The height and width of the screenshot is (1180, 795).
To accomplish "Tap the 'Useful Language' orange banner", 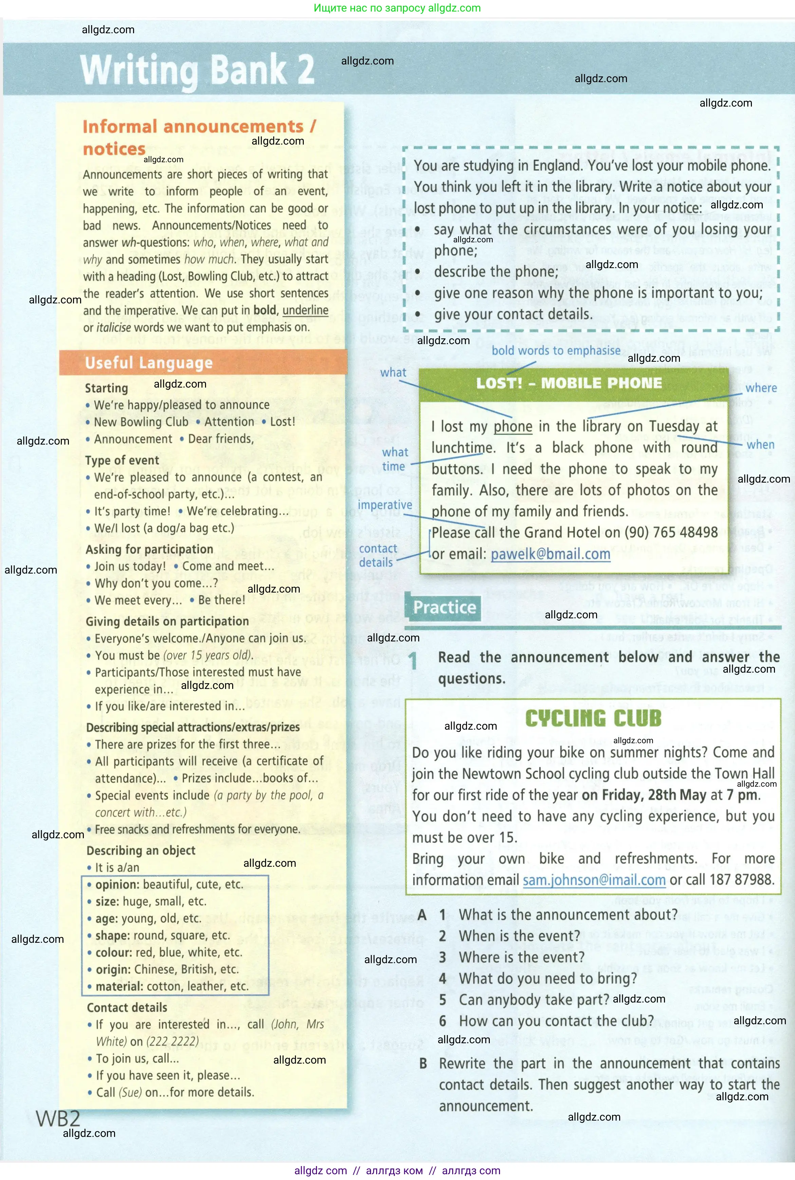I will pos(149,363).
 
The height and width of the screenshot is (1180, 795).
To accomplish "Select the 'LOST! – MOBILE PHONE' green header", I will pos(569,383).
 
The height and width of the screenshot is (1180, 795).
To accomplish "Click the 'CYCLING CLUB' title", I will pos(593,719).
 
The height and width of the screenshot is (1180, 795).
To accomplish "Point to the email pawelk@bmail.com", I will pos(550,554).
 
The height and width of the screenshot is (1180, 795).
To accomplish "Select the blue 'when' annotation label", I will pos(760,445).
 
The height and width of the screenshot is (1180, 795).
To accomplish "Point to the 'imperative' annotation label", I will pos(385,505).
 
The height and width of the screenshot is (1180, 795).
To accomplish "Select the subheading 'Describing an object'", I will pos(141,850).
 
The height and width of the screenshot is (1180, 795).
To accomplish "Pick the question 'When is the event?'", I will pos(519,936).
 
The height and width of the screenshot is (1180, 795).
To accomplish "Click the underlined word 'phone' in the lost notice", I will pos(513,427).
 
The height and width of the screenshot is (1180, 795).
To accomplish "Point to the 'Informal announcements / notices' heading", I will pos(199,137).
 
